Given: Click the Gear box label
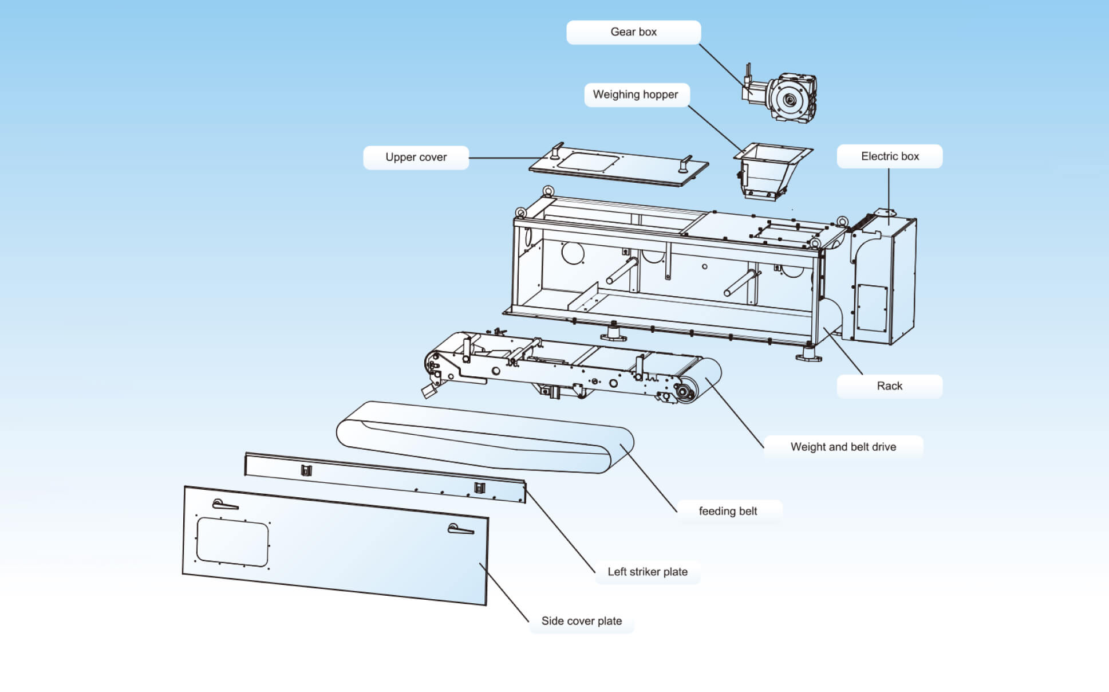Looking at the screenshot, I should click(x=633, y=32).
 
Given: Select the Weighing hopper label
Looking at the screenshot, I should click(x=636, y=95).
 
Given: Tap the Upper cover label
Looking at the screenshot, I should click(x=416, y=158).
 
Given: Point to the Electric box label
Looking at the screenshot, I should click(x=889, y=156).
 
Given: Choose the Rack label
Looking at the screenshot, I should click(x=889, y=386).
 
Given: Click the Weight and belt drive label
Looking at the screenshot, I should click(x=843, y=447).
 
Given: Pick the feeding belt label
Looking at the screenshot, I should click(x=728, y=511).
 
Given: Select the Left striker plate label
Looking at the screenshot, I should click(x=647, y=572).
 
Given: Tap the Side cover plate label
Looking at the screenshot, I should click(x=581, y=621).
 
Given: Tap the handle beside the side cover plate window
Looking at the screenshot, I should click(x=224, y=505).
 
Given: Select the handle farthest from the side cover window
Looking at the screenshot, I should click(x=460, y=529).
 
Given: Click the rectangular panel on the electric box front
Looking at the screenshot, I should click(x=871, y=308).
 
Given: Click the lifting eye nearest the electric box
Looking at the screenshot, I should click(x=842, y=221).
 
